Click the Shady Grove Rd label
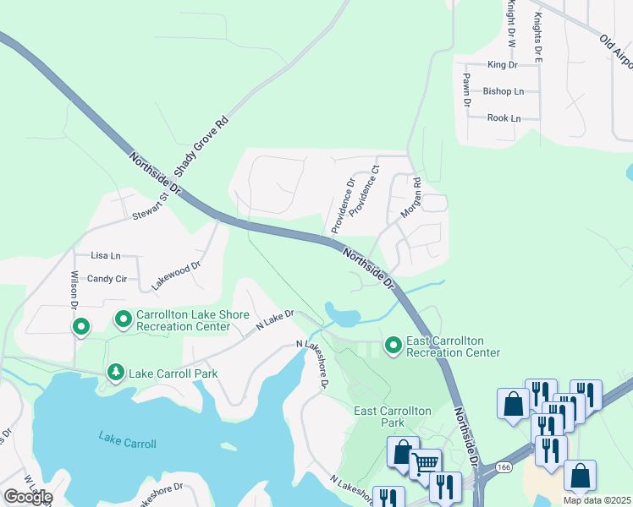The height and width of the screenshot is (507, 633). [201, 146]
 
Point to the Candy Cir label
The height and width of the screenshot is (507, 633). [107, 278]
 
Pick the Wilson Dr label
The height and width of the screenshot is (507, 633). [74, 292]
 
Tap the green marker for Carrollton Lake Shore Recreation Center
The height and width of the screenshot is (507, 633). [123, 319]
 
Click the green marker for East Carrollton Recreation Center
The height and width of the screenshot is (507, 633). [393, 345]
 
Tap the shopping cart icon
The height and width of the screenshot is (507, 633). [425, 463]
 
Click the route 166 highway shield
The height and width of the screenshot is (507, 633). [504, 466]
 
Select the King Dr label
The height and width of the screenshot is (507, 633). [502, 64]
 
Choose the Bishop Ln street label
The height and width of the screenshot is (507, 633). [503, 91]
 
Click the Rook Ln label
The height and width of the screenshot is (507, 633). [504, 118]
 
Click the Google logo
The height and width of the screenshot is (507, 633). [28, 497]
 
